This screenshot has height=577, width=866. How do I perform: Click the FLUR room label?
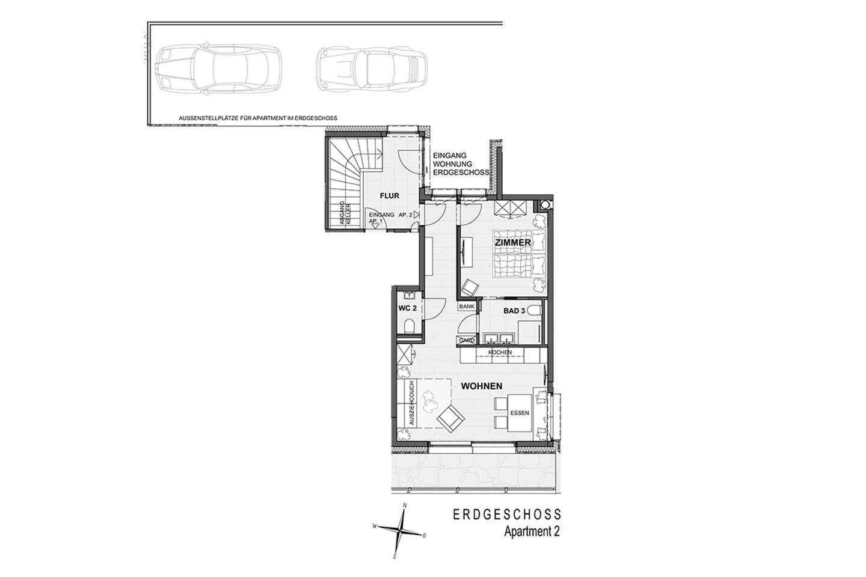389,196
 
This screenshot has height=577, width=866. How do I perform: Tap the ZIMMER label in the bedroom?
513,243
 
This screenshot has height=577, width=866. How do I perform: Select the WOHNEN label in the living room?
482,386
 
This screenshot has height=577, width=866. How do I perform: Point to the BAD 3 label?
514,311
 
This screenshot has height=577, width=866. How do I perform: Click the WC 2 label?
408,308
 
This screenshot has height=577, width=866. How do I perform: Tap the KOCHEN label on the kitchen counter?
500,352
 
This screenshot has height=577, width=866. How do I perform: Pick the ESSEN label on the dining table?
520,413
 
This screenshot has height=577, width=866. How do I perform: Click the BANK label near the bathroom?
467,307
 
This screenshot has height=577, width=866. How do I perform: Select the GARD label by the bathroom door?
467,340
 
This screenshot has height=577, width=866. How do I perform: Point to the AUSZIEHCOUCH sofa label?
411,403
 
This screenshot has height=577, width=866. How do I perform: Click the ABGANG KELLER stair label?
345,213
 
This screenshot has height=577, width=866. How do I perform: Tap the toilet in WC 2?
409,326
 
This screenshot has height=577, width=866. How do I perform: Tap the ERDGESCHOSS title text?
507,514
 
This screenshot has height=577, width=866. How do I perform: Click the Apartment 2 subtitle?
532,531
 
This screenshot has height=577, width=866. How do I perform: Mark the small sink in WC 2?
409,296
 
